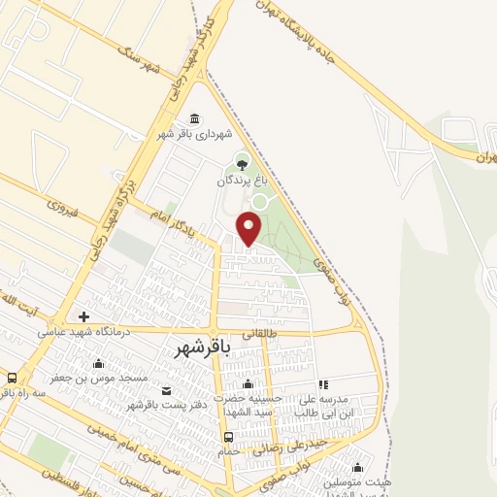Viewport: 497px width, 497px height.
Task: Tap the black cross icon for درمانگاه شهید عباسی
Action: [84, 316]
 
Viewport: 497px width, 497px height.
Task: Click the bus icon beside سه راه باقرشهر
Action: [12, 378]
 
